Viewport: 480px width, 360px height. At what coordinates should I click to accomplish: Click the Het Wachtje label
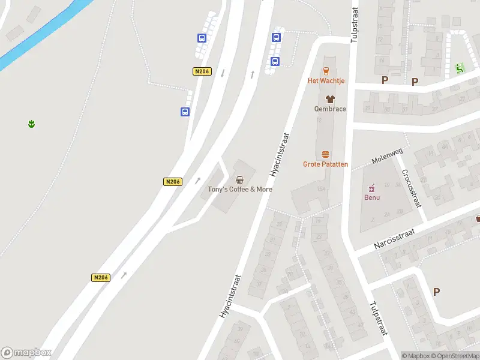326,80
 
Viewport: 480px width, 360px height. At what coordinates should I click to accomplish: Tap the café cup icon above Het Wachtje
326,70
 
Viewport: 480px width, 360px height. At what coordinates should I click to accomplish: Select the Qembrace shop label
330,109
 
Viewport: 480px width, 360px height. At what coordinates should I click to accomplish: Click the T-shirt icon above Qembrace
330,99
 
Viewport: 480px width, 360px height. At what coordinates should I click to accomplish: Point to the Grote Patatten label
325,164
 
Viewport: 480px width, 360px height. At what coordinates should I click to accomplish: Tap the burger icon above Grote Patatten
325,154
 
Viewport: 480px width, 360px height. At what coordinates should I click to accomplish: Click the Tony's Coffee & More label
240,189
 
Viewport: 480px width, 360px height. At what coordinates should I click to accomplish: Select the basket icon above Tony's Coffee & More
240,179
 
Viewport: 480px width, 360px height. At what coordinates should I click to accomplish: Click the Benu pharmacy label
372,197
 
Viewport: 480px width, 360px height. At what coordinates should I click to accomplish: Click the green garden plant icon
31,124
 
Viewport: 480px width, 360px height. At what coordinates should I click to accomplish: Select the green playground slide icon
460,68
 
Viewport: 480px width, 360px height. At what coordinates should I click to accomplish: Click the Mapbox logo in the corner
26,353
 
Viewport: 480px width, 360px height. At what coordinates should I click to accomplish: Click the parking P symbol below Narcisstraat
436,292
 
